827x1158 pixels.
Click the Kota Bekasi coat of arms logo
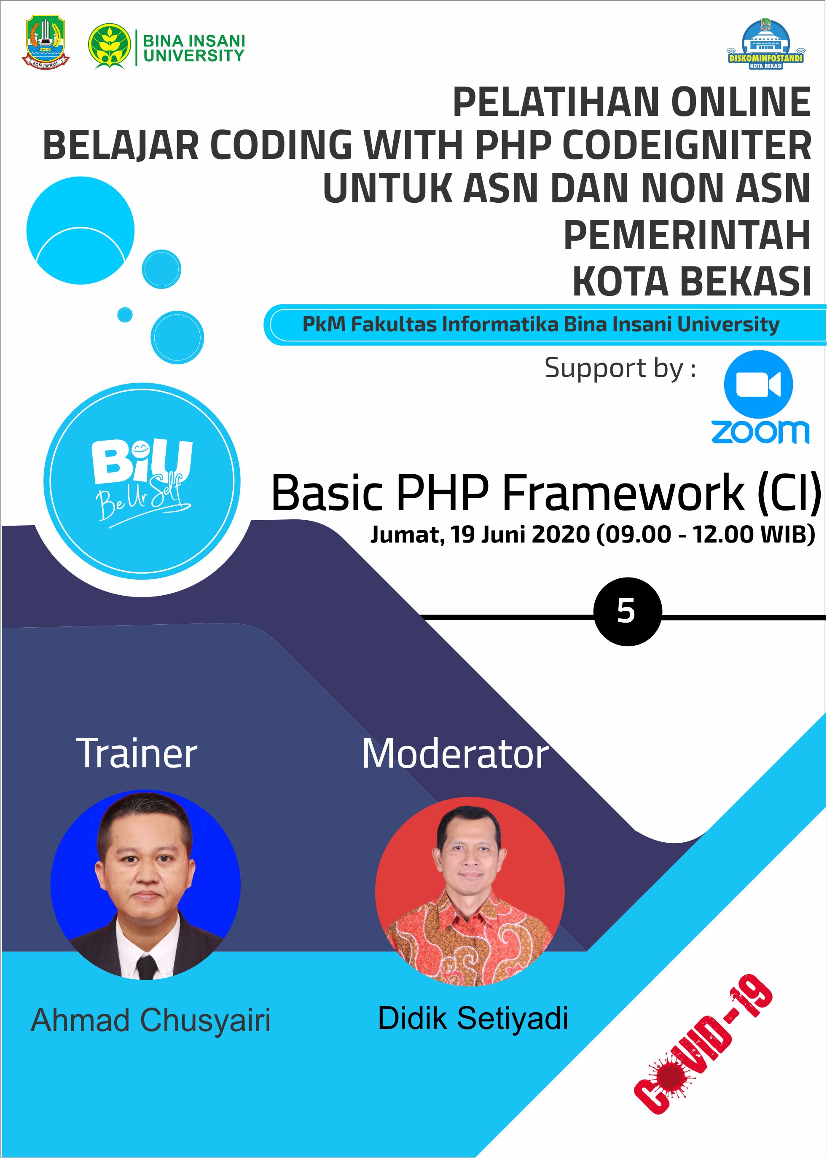click(x=46, y=42)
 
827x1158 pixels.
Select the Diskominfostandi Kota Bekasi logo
click(x=765, y=44)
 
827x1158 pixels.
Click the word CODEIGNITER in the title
click(x=687, y=145)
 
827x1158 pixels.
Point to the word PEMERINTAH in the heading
click(x=687, y=235)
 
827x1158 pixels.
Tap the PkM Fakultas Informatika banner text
click(x=541, y=324)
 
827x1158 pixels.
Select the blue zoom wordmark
click(x=760, y=432)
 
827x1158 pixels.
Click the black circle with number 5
click(x=627, y=612)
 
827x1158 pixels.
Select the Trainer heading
click(x=137, y=754)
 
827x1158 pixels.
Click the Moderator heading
click(x=455, y=754)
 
